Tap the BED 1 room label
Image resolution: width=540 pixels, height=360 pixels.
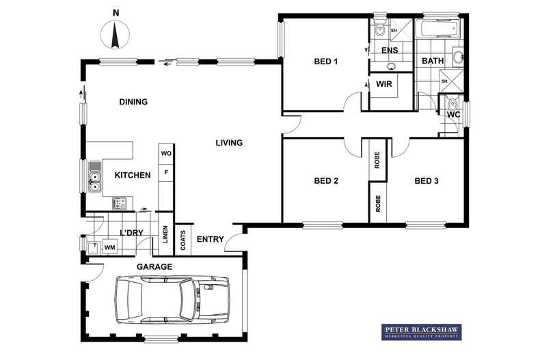(326, 62)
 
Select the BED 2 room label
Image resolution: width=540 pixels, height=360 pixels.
(326, 181)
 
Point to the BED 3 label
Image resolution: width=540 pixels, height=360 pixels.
(427, 181)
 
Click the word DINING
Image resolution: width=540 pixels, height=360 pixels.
(133, 102)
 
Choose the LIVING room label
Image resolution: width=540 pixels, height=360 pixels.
(229, 143)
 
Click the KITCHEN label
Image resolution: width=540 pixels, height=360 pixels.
(133, 176)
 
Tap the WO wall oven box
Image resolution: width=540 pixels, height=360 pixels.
(165, 154)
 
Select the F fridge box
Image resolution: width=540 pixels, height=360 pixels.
(165, 174)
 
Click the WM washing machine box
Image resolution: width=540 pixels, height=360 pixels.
(109, 246)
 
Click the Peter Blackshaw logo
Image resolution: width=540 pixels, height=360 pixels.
(420, 333)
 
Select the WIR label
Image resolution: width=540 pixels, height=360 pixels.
(383, 85)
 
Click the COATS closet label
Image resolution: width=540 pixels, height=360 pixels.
(183, 238)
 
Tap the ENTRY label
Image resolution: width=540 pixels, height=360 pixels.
(210, 239)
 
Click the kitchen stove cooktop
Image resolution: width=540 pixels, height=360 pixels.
(118, 202)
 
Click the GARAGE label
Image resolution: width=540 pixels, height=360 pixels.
(154, 266)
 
